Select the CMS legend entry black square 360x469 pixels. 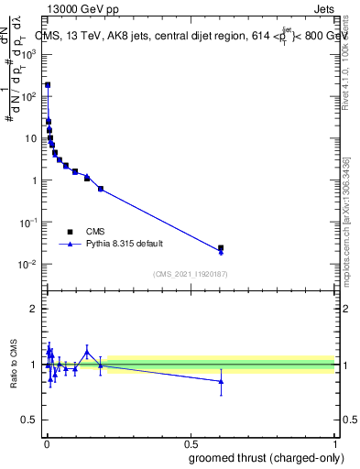point(70,232)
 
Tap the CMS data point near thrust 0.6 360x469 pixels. point(221,247)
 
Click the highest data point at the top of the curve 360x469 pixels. point(48,85)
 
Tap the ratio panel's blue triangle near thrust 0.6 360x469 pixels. point(221,381)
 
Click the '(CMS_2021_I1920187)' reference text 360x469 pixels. point(191,273)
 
